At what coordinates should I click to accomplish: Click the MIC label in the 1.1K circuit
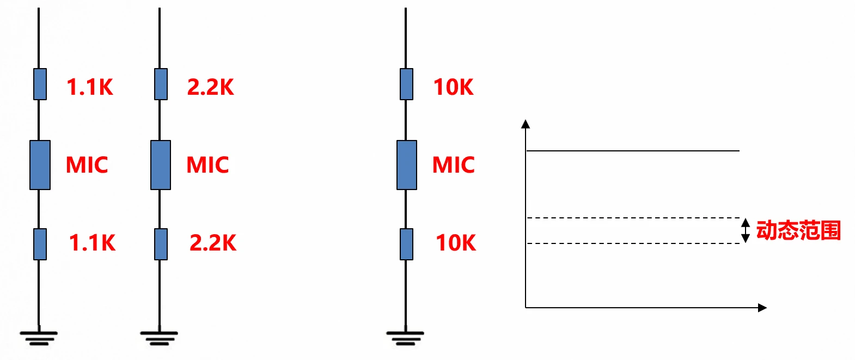(x=87, y=165)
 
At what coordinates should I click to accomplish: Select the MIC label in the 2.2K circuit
(x=207, y=165)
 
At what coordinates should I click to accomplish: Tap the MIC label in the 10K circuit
(x=454, y=165)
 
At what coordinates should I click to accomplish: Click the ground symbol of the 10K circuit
(x=405, y=338)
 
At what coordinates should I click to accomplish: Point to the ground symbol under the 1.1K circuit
(x=39, y=338)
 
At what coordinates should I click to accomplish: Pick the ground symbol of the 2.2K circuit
(x=159, y=338)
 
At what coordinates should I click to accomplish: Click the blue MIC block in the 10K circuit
(x=407, y=165)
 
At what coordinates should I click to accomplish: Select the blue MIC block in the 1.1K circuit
(x=40, y=165)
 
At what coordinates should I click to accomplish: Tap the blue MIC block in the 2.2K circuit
(x=161, y=165)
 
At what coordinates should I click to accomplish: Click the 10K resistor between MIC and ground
(x=406, y=245)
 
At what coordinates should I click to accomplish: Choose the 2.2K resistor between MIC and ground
(x=161, y=245)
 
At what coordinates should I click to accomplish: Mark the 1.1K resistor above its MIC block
(x=40, y=84)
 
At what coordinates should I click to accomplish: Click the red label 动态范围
(x=798, y=230)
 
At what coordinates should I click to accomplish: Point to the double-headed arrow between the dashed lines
(x=746, y=230)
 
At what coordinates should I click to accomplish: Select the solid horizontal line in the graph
(x=632, y=151)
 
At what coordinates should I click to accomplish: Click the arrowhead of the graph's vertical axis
(x=526, y=124)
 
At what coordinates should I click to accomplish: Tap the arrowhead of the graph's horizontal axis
(x=762, y=308)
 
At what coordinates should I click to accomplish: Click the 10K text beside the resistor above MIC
(x=454, y=87)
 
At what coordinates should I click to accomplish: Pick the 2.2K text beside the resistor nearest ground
(x=213, y=243)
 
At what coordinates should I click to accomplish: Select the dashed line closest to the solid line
(x=632, y=218)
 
